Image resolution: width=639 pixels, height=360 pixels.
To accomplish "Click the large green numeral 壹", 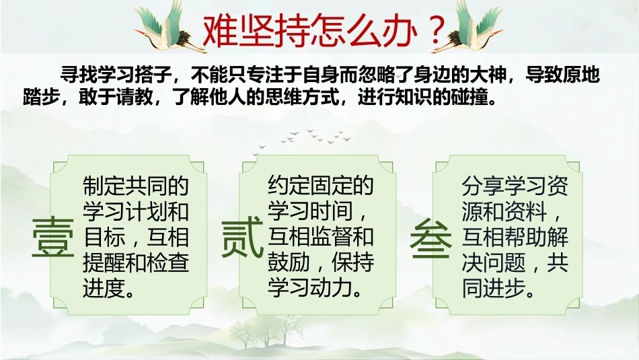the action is pos(53,238).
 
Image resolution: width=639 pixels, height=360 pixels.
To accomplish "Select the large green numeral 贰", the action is pos(241,238).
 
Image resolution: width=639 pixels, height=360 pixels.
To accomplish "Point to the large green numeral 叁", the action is pos(430,238).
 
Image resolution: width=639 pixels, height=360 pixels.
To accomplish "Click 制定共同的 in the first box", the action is pos(136,186).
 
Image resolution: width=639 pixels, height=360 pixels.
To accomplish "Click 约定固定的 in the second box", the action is pos(321,186).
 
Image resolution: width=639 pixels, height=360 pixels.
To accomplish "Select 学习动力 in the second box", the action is pos(309,288).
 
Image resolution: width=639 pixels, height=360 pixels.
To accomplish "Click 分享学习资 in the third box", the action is pos(515,186).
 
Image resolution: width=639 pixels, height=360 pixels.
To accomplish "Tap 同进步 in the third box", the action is pos(494,288).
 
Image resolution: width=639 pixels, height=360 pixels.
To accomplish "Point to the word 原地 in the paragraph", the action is pos(582,75).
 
